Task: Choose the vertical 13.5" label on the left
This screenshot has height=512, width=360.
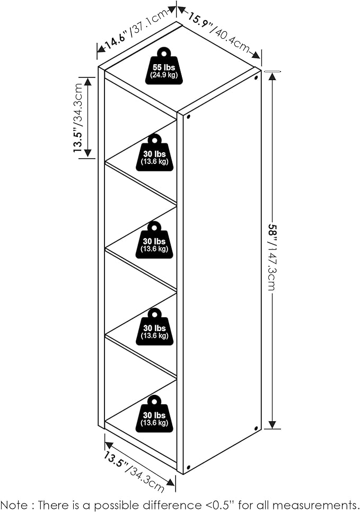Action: [x=78, y=140]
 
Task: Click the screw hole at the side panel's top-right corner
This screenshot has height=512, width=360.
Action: [x=257, y=78]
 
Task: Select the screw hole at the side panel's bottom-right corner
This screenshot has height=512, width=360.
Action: [x=256, y=428]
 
